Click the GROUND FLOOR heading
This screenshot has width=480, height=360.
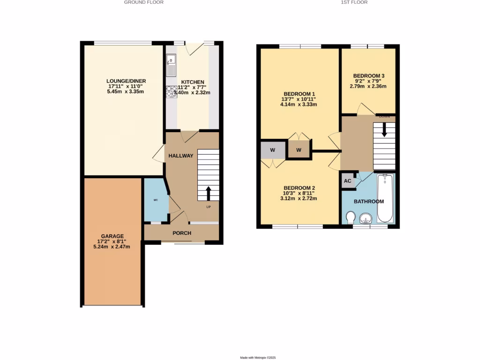click(x=143, y=2)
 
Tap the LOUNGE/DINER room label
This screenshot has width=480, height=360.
click(x=123, y=81)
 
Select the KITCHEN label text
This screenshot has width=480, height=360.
click(x=193, y=82)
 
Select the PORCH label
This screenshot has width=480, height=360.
click(x=182, y=233)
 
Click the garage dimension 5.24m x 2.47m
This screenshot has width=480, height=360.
click(x=112, y=247)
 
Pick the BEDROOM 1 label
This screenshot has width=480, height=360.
click(x=299, y=93)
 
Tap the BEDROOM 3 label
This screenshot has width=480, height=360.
click(x=368, y=76)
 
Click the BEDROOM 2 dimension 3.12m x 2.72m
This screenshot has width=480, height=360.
click(x=299, y=198)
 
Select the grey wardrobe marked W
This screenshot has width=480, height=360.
click(x=271, y=150)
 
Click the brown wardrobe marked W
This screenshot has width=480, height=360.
click(x=299, y=150)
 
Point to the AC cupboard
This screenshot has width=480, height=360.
click(x=348, y=181)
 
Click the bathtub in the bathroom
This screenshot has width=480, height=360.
click(x=384, y=198)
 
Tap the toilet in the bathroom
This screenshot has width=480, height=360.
click(x=350, y=217)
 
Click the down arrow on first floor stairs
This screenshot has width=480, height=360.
click(x=384, y=130)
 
